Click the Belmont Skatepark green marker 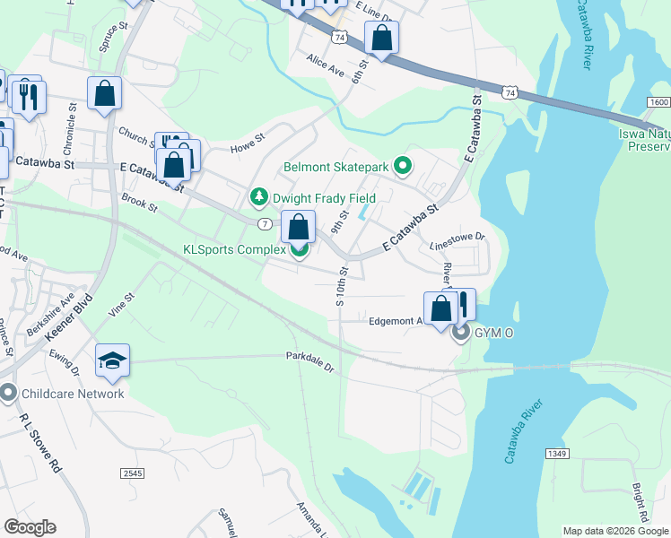[403, 165]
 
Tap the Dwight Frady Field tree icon [259, 195]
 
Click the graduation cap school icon [112, 360]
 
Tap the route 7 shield [265, 222]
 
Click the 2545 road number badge [132, 472]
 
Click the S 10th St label [341, 286]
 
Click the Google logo [30, 527]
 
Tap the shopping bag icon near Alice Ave [381, 39]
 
